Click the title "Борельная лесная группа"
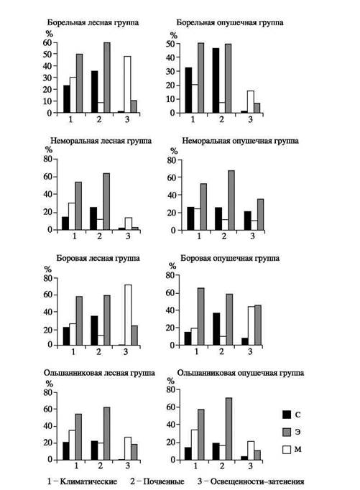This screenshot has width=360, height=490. tap(93, 23)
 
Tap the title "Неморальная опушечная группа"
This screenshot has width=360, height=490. tap(240, 141)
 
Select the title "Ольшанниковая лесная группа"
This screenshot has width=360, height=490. tap(99, 373)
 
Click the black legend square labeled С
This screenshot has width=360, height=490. tap(287, 415)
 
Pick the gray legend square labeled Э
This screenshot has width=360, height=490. tap(287, 432)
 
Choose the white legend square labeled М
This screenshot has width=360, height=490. tap(287, 449)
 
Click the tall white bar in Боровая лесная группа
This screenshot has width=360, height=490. tap(128, 315)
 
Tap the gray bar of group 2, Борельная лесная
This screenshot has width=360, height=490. tap(107, 78)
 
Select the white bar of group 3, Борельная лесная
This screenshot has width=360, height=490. tap(127, 84)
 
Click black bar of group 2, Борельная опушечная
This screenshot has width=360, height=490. tap(216, 80)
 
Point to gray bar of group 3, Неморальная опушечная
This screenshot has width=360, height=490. tap(260, 215)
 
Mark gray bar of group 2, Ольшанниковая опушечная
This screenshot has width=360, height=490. tap(229, 429)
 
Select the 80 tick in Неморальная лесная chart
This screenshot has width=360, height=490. tap(48, 159)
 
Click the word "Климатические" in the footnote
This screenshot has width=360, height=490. tap(88, 481)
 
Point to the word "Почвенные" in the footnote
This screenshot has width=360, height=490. tap(163, 481)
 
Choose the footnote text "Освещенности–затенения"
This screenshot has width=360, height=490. tap(257, 481)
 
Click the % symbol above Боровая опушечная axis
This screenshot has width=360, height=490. tap(172, 266)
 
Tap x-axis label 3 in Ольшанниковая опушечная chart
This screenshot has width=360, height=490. tap(250, 466)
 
